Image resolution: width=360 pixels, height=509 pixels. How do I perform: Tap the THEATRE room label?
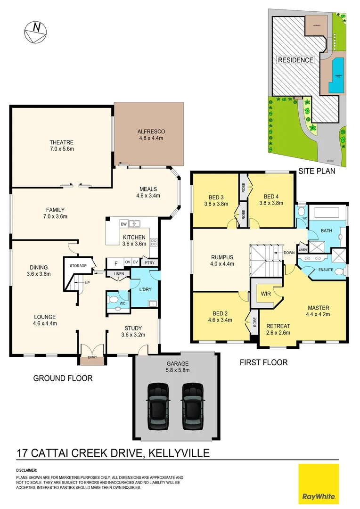[x=62, y=142]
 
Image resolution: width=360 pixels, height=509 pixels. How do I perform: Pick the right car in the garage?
[x=192, y=406]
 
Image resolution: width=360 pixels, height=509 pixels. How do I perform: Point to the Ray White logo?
[x=319, y=484]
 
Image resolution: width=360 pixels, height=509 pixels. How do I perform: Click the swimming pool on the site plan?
[x=335, y=76]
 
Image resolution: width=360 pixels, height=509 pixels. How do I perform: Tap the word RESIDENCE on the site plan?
[x=295, y=60]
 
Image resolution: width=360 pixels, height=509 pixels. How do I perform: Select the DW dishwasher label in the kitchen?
[x=124, y=224]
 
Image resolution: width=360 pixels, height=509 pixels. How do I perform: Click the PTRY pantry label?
[x=150, y=263]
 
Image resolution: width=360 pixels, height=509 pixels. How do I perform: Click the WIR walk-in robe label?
[x=265, y=293]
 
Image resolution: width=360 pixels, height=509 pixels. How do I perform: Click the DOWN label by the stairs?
[x=289, y=253]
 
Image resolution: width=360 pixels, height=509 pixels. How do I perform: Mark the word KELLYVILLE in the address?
[x=179, y=453]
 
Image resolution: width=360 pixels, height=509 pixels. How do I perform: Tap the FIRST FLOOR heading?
[x=263, y=362]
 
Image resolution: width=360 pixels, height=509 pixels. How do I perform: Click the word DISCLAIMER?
[x=26, y=470]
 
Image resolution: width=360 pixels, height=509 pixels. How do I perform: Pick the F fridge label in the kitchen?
[x=115, y=263]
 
